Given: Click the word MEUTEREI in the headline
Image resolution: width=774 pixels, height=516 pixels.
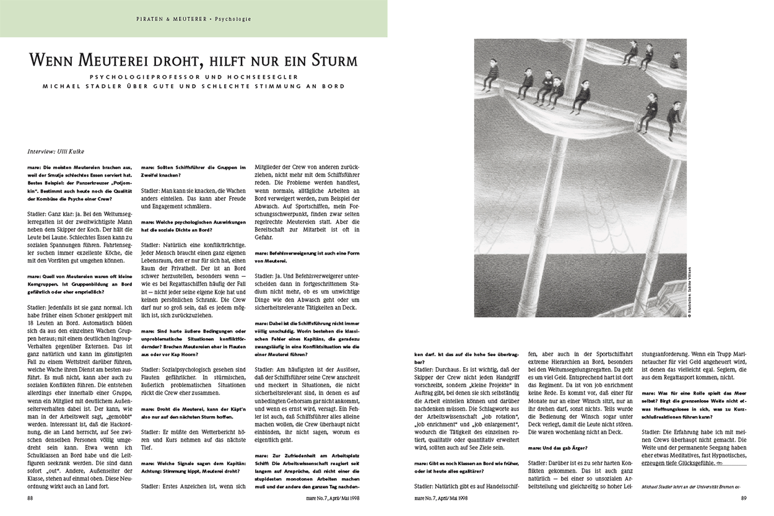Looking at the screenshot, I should point(118,61).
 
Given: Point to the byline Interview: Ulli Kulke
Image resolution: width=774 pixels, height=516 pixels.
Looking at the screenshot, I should point(56,151).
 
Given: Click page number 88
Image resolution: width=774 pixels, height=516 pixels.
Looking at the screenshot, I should point(30,497).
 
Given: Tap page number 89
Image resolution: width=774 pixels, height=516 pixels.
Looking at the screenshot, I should point(737,497).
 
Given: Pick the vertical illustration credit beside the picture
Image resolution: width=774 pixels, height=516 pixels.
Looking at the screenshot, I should point(689,291).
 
